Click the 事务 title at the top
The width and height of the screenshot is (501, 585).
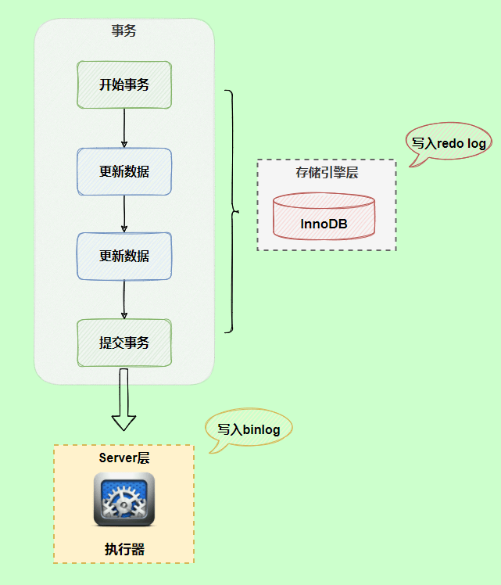tap(124, 32)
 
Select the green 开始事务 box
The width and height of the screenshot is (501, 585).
tap(124, 85)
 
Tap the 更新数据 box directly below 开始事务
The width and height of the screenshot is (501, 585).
tap(124, 171)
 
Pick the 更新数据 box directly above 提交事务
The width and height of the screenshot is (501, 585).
tap(124, 256)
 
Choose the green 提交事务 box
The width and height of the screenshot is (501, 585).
tap(124, 343)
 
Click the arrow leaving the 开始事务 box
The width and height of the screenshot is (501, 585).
tap(124, 127)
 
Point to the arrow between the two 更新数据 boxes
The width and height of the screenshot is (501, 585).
tap(124, 213)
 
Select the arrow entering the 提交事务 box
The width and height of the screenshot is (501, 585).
tap(124, 299)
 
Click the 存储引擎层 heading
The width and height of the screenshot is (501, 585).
tap(326, 173)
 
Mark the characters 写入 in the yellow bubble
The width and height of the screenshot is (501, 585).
tap(229, 429)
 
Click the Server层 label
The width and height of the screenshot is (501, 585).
tap(123, 458)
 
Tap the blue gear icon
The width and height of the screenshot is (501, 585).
tap(123, 498)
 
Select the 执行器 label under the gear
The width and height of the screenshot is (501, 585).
tap(124, 549)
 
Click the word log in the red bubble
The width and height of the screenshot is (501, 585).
tap(475, 143)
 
